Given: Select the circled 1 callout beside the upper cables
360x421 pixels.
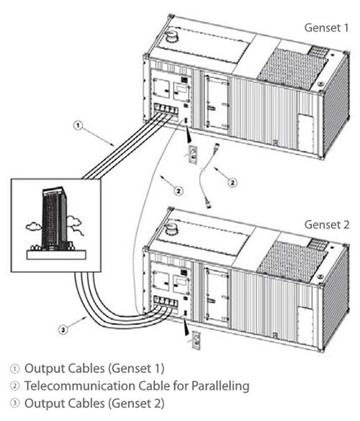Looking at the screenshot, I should [77, 126].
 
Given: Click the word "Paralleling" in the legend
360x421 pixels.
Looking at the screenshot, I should [220, 386].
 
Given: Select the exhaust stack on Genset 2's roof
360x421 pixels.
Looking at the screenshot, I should [172, 228].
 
